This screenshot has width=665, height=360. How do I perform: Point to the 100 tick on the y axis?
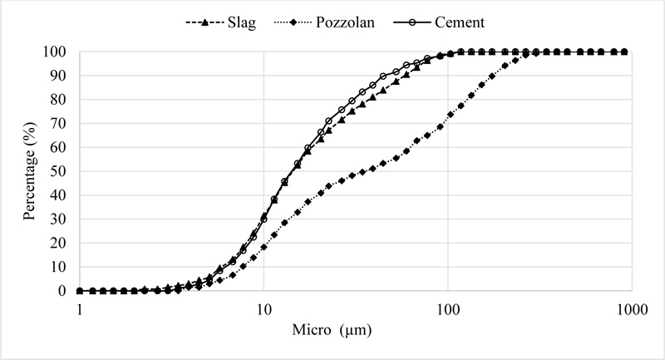pos(57,52)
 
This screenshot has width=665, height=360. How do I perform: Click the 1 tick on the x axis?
pos(80,308)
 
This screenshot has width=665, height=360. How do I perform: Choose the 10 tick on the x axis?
pos(264,308)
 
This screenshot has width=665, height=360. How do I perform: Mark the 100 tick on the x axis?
pos(448,308)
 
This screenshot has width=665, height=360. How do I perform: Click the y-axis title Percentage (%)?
pos(30,171)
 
